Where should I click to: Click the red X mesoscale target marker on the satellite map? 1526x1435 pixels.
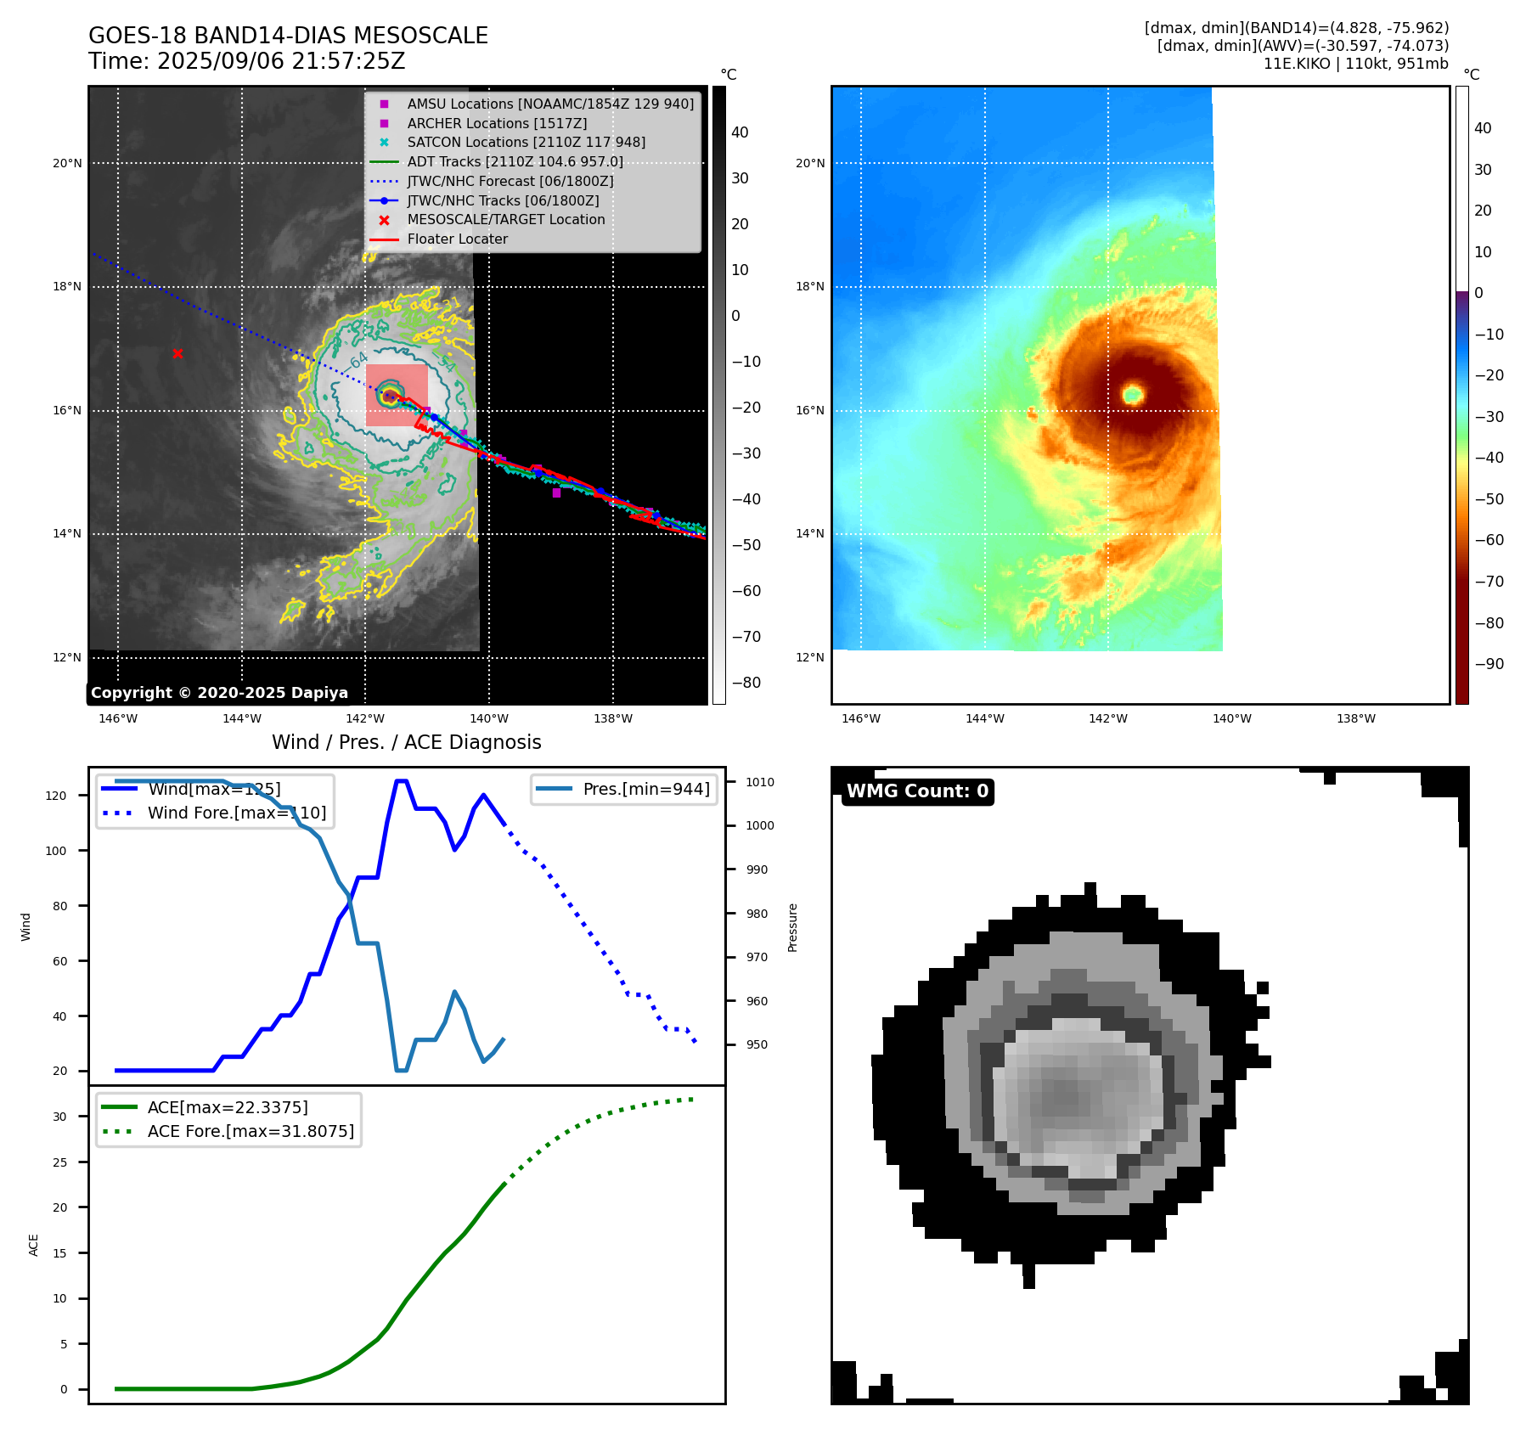177,353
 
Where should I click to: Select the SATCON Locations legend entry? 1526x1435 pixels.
526,143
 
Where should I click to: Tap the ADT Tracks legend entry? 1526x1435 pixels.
515,161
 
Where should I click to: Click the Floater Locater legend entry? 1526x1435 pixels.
457,239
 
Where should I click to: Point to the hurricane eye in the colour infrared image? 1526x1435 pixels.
1133,394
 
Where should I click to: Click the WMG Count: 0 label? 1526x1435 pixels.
917,791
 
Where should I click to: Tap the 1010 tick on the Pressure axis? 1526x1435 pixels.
760,782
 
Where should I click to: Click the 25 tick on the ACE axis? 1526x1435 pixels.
59,1162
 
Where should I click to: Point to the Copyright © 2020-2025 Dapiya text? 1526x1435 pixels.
219,693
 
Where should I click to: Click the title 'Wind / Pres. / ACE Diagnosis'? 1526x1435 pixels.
406,742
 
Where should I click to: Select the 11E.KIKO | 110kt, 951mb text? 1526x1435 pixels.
1355,64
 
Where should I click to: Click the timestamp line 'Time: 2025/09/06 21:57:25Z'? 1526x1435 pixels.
246,61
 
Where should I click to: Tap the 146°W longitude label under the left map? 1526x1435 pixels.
118,718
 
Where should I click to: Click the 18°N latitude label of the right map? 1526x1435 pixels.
809,287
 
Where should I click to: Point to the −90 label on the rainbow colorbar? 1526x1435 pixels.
1489,664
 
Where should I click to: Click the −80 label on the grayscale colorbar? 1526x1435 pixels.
746,683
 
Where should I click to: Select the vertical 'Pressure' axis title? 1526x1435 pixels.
792,927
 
